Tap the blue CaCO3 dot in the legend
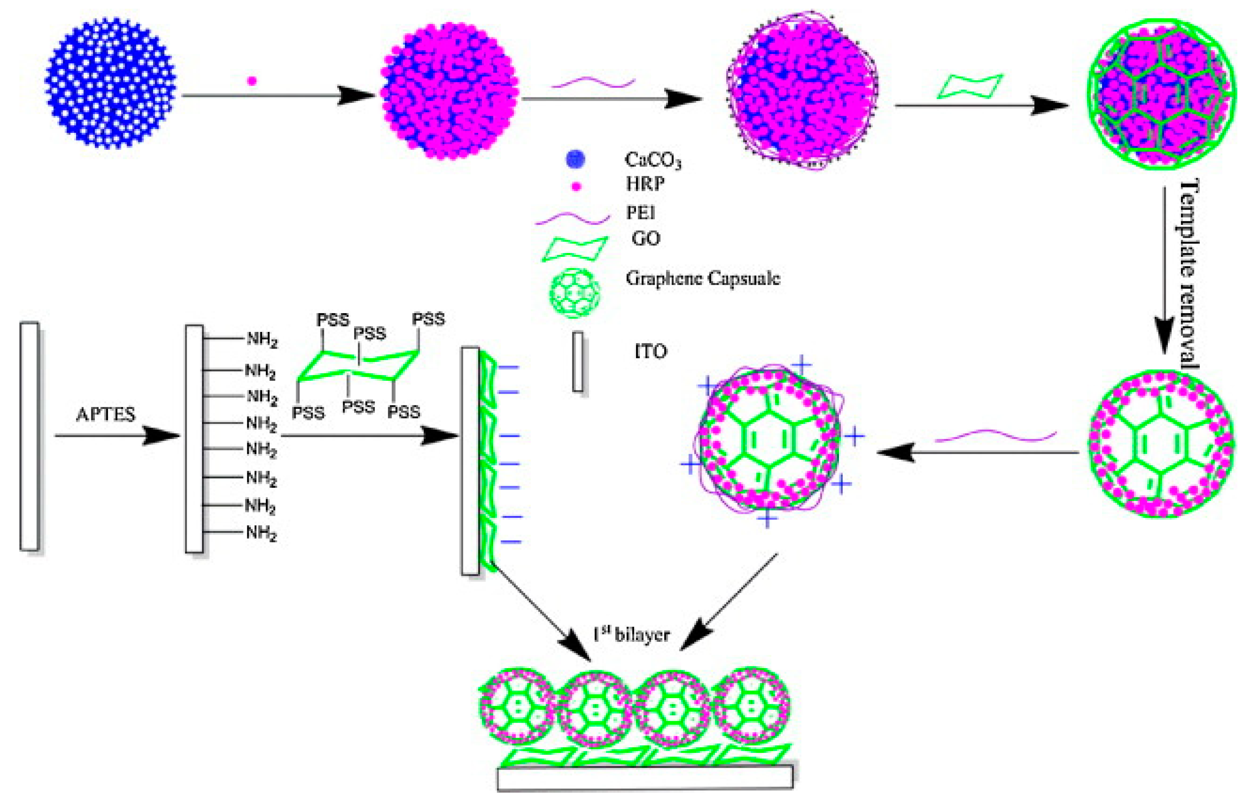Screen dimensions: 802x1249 point(575,159)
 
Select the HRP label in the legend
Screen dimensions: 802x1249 point(645,184)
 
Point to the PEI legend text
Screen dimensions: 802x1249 point(641,213)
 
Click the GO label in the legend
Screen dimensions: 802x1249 point(645,238)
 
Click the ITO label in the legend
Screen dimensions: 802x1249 point(651,352)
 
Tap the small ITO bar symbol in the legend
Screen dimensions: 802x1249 point(577,361)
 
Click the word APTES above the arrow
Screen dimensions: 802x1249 point(106,414)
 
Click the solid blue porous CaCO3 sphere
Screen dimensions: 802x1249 point(110,83)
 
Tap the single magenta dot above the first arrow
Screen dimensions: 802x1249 point(252,81)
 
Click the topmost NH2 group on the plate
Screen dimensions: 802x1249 point(262,340)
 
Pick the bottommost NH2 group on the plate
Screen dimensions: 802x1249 point(261,533)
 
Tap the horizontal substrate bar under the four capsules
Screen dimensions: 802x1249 point(645,777)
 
